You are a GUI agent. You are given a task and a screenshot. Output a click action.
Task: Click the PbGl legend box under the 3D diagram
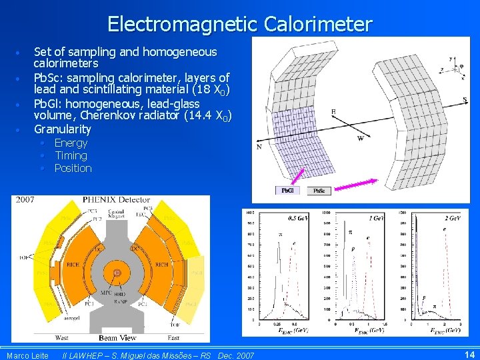tap(287, 191)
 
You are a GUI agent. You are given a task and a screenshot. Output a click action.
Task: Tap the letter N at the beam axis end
tap(259, 146)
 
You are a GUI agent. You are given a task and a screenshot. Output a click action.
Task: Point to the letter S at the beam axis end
tap(464, 101)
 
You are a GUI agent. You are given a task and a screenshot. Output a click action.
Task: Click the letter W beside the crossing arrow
tap(361, 139)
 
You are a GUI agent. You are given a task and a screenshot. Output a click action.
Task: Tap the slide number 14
tap(470, 355)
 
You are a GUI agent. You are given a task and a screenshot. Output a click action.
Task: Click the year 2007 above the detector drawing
tap(25, 199)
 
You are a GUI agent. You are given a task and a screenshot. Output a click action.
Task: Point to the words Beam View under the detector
tap(117, 337)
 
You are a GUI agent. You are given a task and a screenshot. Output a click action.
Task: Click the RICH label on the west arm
tap(72, 265)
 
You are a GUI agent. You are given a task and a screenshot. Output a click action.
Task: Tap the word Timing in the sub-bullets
tap(71, 155)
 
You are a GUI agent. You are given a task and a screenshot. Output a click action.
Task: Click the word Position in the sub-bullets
tap(73, 168)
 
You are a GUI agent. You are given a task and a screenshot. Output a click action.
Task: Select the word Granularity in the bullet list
tap(62, 129)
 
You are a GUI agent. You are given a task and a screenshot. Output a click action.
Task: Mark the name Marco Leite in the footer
tap(27, 355)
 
